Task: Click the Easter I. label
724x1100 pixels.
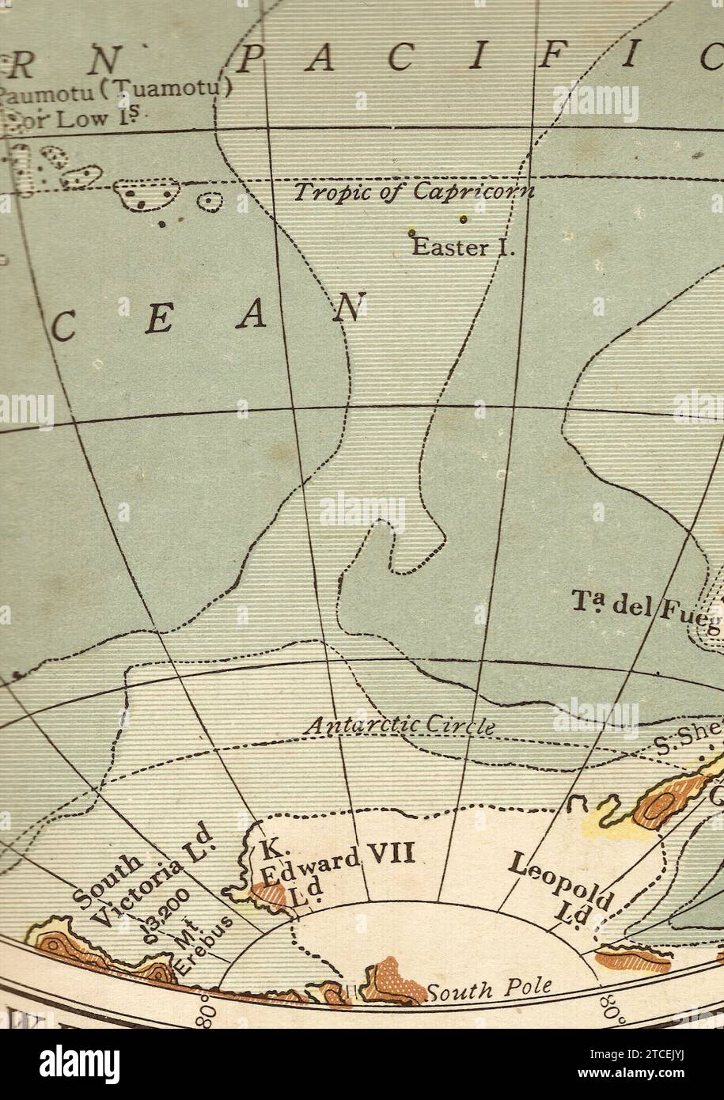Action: [464, 247]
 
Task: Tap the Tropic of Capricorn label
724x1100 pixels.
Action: [414, 192]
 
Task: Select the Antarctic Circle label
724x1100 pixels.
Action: [400, 725]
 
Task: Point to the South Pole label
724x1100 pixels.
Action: [488, 989]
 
